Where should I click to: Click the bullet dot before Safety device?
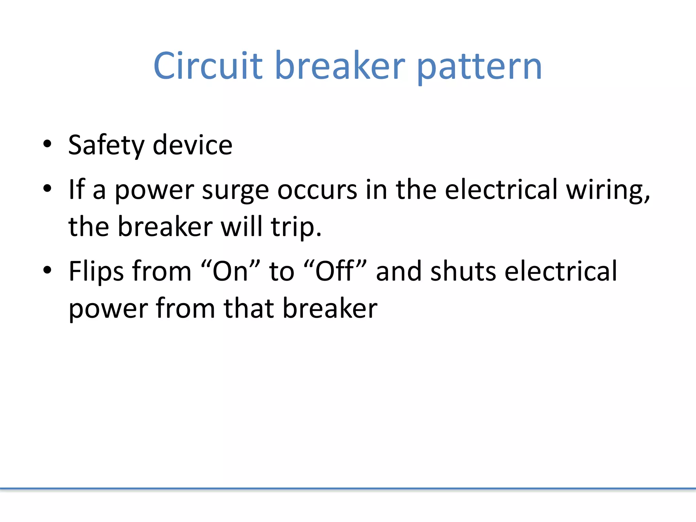pos(47,144)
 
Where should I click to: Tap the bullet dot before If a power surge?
pos(47,188)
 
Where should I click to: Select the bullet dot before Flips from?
pos(47,270)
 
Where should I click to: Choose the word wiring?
pos(608,190)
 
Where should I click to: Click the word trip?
pos(296,227)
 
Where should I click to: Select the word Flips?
pos(96,272)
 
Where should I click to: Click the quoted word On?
pos(230,271)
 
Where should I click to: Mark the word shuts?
pos(463,271)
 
